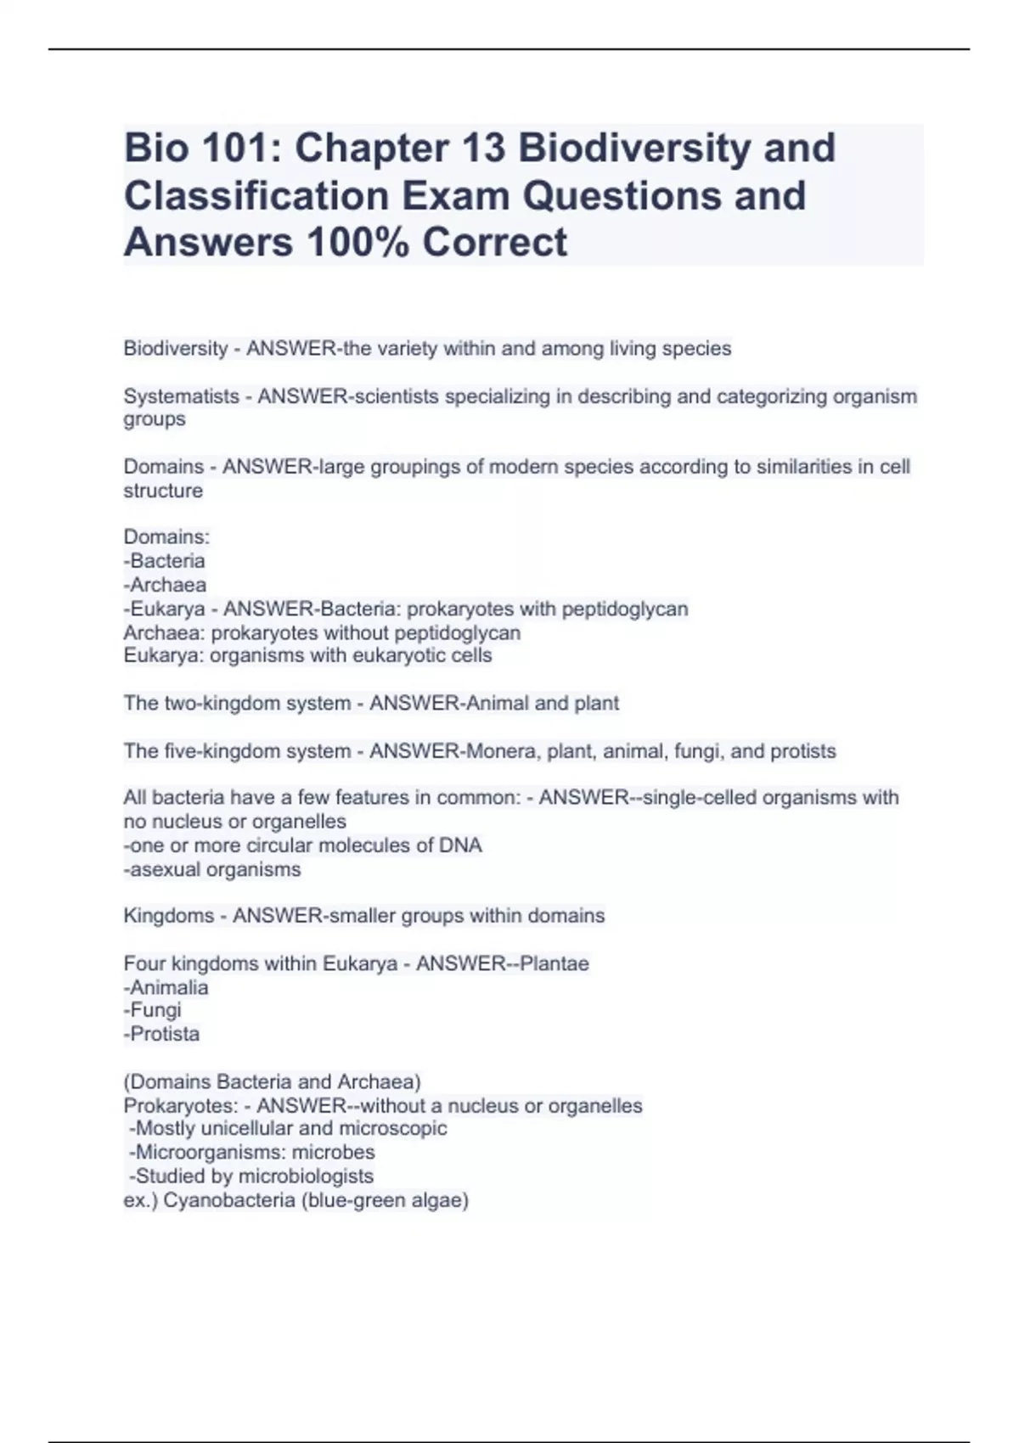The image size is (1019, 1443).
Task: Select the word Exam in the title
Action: click(x=456, y=195)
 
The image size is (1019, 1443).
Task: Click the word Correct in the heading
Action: click(x=495, y=242)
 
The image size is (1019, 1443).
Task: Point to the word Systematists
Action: click(x=181, y=396)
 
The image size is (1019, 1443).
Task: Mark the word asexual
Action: click(x=165, y=869)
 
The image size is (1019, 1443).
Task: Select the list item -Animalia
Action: click(x=166, y=987)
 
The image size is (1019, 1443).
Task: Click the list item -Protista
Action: click(x=161, y=1034)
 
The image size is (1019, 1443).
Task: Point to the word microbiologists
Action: click(x=306, y=1176)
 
